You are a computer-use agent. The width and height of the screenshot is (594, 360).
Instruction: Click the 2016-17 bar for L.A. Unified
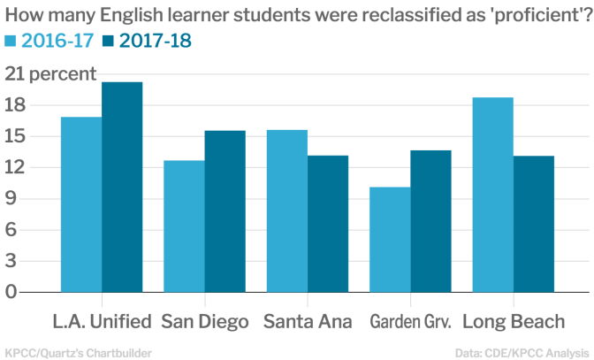(x=80, y=204)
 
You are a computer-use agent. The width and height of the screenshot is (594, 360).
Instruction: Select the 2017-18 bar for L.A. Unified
(x=122, y=187)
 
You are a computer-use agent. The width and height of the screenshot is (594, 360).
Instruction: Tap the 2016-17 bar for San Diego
(x=184, y=226)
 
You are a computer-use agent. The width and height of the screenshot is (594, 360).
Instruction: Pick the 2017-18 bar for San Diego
(x=225, y=211)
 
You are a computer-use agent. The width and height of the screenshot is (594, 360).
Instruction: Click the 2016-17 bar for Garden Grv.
(x=390, y=239)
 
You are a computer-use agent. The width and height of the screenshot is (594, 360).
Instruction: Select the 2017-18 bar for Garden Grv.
(x=430, y=221)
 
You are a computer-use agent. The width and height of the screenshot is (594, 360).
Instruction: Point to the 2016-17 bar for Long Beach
(x=493, y=195)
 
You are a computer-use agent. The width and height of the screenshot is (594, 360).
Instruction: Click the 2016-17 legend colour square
(x=11, y=41)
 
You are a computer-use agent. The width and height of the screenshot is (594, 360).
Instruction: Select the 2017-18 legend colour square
(x=109, y=41)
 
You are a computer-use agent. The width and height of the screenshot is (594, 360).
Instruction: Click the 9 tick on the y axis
(x=11, y=198)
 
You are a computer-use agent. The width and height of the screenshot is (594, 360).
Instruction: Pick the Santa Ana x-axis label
(x=307, y=320)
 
